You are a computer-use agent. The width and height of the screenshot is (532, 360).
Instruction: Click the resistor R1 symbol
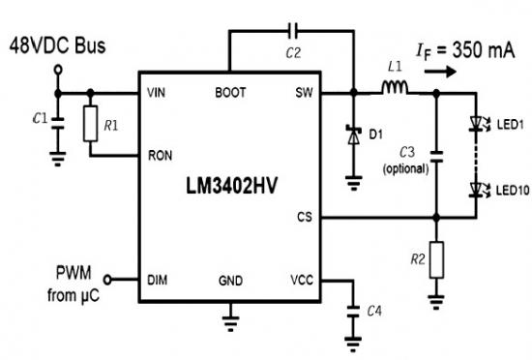tap(91, 124)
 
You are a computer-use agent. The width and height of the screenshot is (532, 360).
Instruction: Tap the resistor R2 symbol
tap(436, 260)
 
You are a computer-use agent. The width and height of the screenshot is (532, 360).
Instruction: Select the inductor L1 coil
tap(395, 87)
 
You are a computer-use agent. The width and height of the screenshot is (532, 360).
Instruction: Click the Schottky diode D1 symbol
tap(354, 135)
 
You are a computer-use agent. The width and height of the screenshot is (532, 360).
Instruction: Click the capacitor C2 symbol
tap(292, 31)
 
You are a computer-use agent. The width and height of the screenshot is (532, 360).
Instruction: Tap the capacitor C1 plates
tap(58, 123)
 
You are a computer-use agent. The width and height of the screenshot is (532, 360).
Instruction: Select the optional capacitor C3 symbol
tap(436, 157)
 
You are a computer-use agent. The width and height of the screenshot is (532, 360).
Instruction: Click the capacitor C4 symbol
tap(353, 312)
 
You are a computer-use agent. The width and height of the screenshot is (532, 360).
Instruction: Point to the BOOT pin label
tap(230, 93)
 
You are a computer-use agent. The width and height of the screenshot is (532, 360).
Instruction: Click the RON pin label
tap(161, 156)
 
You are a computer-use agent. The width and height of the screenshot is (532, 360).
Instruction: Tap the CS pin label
tap(305, 217)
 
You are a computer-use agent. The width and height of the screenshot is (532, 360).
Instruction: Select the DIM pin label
tap(158, 281)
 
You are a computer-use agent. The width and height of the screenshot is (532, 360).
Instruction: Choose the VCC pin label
tap(302, 281)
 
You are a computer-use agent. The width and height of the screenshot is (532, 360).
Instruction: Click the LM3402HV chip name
tap(232, 186)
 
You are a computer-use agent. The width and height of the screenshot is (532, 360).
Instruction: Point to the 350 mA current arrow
tap(440, 72)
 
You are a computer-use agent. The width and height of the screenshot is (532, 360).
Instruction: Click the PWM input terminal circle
tap(107, 280)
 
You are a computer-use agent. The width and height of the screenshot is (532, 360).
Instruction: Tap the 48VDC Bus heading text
tap(57, 45)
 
